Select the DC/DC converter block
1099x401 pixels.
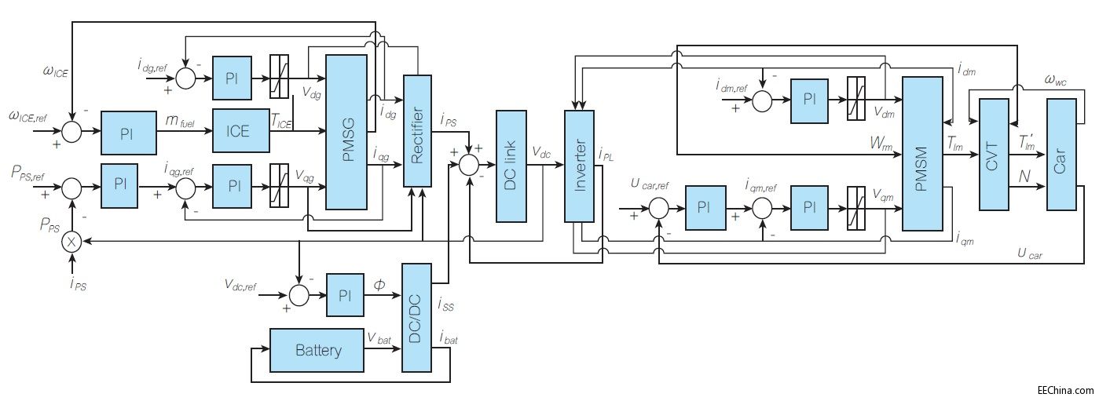tap(416, 317)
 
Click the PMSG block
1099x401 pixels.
tap(346, 132)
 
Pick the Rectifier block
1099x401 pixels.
tap(418, 141)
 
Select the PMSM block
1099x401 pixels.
tap(921, 154)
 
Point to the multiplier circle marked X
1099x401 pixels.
tap(71, 242)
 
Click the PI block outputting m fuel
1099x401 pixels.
tap(129, 132)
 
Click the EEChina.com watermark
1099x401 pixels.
tap(1064, 390)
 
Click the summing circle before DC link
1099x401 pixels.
tap(469, 165)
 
